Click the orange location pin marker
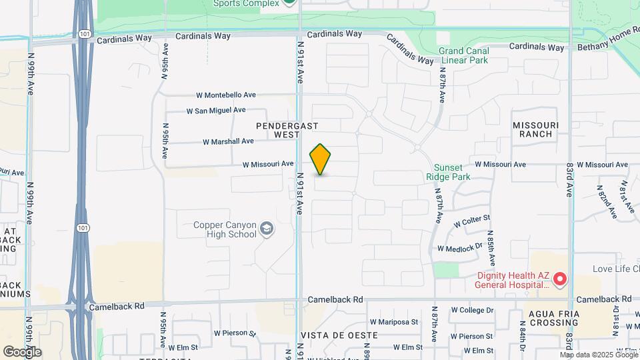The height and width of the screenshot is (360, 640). pyautogui.click(x=321, y=159)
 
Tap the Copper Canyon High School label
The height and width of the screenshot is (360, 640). pyautogui.click(x=225, y=230)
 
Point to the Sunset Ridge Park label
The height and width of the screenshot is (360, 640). pyautogui.click(x=448, y=172)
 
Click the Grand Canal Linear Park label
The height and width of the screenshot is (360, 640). pyautogui.click(x=464, y=55)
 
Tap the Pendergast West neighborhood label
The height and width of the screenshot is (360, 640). pyautogui.click(x=287, y=130)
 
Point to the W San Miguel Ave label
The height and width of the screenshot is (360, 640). pyautogui.click(x=216, y=110)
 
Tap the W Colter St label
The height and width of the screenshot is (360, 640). pyautogui.click(x=471, y=218)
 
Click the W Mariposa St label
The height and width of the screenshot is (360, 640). pyautogui.click(x=394, y=321)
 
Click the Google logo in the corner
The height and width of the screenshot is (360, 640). pyautogui.click(x=22, y=351)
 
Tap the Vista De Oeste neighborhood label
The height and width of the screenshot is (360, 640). pyautogui.click(x=331, y=334)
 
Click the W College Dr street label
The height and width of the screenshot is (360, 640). pyautogui.click(x=472, y=310)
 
